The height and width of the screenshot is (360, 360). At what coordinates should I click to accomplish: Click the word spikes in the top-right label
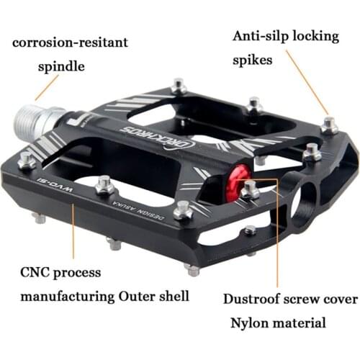click(x=252, y=60)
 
